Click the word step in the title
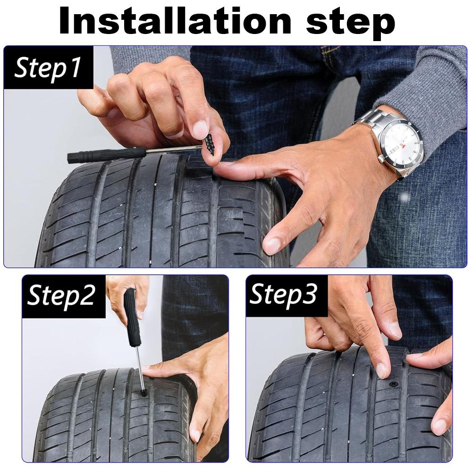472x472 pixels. coord(351,23)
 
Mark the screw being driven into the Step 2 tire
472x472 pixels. coord(143,393)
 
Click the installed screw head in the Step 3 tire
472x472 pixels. coord(394,384)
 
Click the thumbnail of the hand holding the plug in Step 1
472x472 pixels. coord(200,130)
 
